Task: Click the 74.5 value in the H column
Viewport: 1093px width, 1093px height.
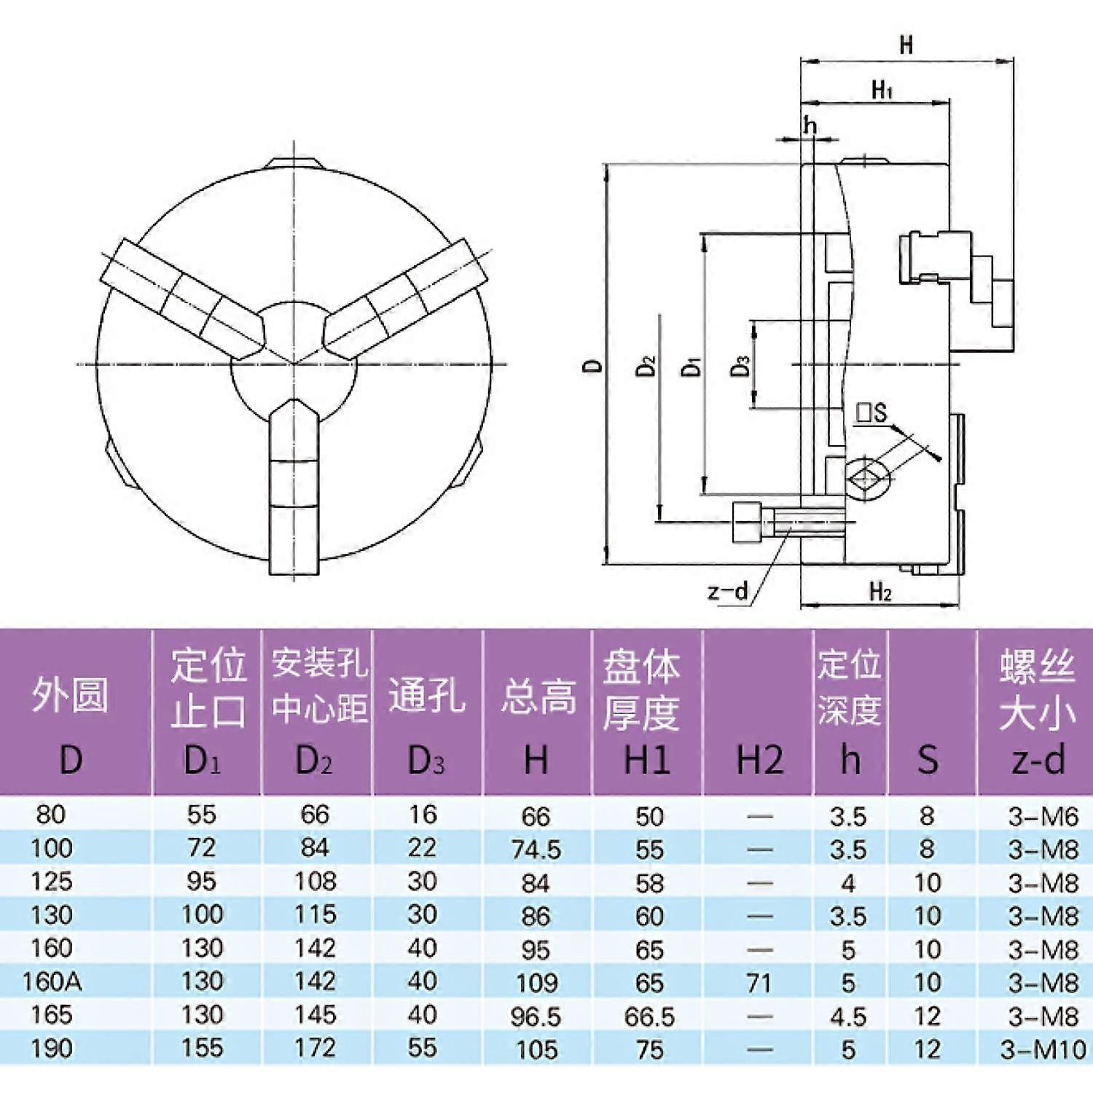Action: pos(536,850)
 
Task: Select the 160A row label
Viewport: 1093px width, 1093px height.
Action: pos(52,982)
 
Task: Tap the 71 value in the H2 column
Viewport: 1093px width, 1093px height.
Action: pos(759,983)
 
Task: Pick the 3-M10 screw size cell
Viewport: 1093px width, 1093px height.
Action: pos(1043,1049)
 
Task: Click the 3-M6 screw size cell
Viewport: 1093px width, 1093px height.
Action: pos(1043,816)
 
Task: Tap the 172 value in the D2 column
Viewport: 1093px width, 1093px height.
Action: pos(315,1048)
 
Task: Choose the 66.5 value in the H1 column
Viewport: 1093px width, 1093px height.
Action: pos(649,1016)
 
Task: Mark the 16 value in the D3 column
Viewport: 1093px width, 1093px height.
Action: pos(423,815)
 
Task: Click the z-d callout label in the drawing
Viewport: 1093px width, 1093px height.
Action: pos(728,591)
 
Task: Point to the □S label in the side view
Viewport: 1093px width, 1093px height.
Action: pos(871,413)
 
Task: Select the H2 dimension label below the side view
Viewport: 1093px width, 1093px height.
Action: pos(880,592)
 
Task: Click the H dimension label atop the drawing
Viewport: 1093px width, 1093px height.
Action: pos(906,45)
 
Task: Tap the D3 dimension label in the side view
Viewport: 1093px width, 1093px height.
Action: pos(740,365)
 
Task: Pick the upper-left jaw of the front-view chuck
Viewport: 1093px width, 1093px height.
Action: pos(182,299)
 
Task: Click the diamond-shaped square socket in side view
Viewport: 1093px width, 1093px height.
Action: pos(867,478)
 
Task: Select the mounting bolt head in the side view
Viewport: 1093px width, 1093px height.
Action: pos(746,522)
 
